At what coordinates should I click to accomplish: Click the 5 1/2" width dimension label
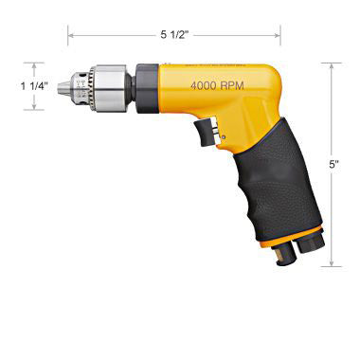click(174, 34)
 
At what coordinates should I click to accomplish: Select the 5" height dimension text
click(333, 163)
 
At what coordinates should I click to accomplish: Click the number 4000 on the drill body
click(206, 86)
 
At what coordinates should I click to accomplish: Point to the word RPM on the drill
click(239, 86)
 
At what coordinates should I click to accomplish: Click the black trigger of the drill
click(202, 130)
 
